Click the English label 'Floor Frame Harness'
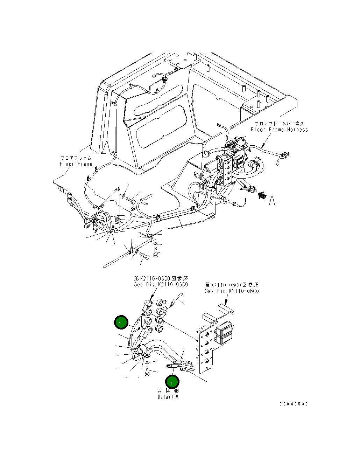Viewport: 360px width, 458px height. pyautogui.click(x=279, y=130)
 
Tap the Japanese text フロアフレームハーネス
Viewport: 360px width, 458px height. pyautogui.click(x=279, y=124)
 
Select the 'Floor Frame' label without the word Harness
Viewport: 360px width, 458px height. pyautogui.click(x=76, y=164)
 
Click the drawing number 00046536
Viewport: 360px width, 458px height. pyautogui.click(x=294, y=404)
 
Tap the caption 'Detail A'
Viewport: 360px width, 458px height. pyautogui.click(x=168, y=397)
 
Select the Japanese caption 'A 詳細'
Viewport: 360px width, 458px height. pyautogui.click(x=168, y=390)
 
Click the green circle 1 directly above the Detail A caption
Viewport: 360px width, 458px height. pyautogui.click(x=172, y=382)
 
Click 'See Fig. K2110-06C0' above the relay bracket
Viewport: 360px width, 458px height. pyautogui.click(x=232, y=291)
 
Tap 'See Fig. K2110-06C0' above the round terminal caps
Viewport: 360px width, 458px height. pyautogui.click(x=161, y=285)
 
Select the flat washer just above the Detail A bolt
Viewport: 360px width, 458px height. pyautogui.click(x=148, y=362)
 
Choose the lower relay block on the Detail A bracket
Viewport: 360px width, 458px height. pyautogui.click(x=225, y=338)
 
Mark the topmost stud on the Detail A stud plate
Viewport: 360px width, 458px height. pyautogui.click(x=207, y=333)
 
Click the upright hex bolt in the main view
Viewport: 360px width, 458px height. pyautogui.click(x=156, y=251)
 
